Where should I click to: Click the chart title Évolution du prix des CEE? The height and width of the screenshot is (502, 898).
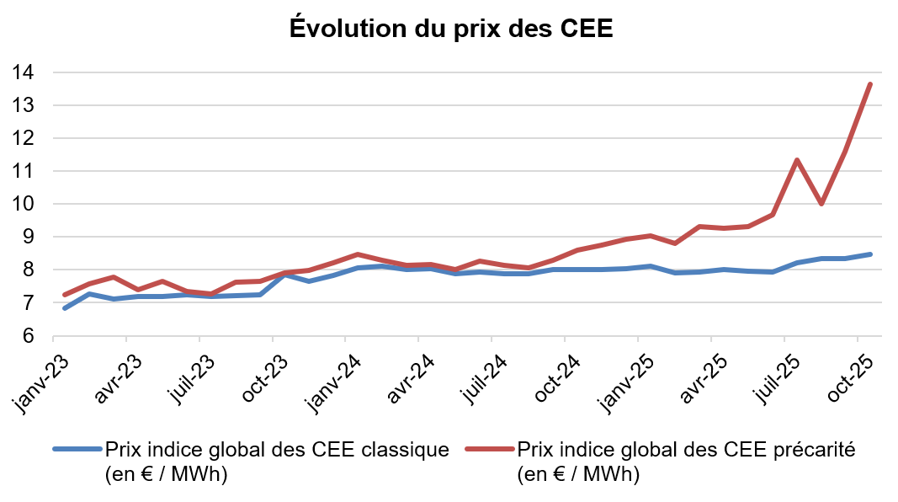click(x=450, y=28)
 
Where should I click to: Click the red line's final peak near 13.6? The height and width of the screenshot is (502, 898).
click(x=870, y=84)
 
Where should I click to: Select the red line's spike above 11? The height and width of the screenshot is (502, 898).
click(x=796, y=160)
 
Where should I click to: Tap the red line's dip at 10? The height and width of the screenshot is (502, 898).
click(x=821, y=204)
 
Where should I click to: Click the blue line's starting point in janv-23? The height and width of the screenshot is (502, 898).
click(x=65, y=308)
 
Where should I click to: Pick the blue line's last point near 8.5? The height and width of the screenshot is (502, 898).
click(x=870, y=254)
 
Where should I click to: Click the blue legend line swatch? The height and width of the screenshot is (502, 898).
click(x=77, y=449)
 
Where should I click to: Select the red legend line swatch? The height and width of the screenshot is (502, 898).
click(x=490, y=449)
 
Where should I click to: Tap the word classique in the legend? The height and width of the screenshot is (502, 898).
click(x=407, y=450)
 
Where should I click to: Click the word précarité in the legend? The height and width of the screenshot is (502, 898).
click(x=813, y=450)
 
